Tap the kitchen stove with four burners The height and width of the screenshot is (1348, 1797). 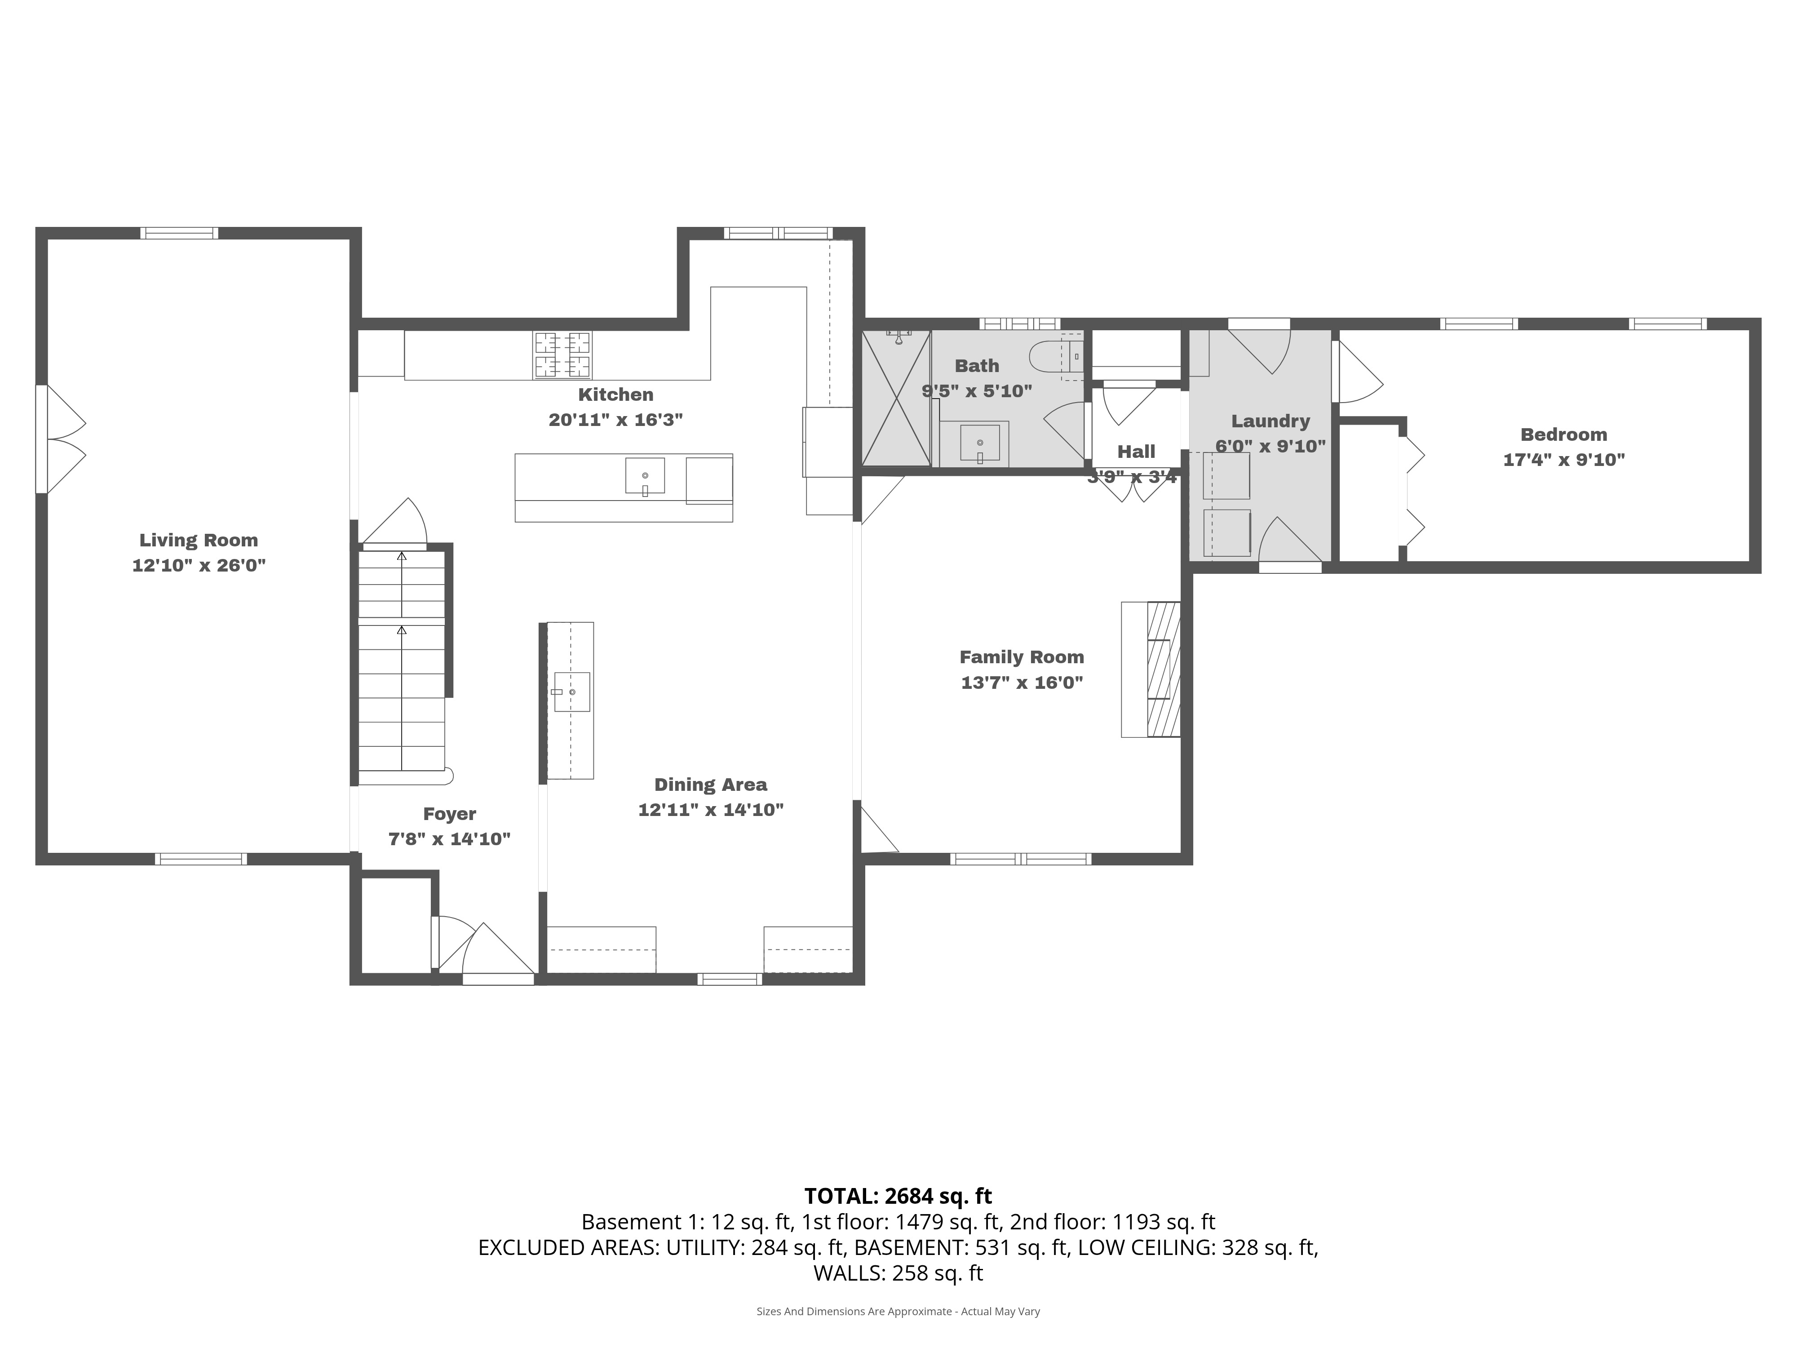click(x=562, y=355)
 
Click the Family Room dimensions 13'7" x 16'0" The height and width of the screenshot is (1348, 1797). click(x=1022, y=683)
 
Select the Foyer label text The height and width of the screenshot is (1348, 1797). click(x=449, y=814)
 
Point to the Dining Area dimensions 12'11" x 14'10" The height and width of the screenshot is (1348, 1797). click(x=711, y=810)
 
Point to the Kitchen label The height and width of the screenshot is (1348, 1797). click(x=616, y=395)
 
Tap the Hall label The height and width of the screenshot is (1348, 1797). click(x=1136, y=452)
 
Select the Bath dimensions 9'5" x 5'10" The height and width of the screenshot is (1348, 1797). click(x=977, y=391)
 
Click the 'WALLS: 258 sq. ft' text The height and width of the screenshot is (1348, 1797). click(x=898, y=1273)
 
